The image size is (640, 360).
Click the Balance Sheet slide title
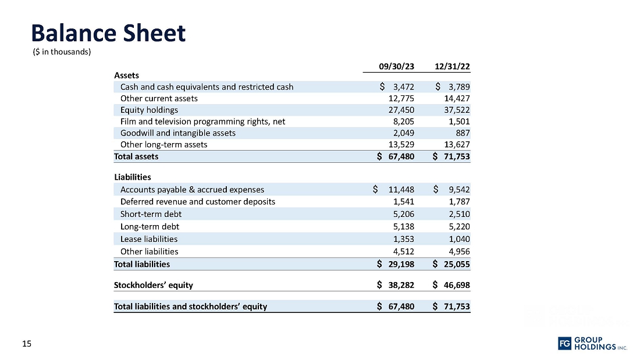(x=108, y=33)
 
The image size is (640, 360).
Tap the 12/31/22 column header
(x=452, y=66)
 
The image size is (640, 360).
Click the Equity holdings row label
(x=149, y=110)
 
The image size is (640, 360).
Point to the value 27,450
(x=401, y=110)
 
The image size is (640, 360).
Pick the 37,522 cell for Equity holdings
(x=457, y=110)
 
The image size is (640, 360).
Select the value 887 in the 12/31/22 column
(x=463, y=133)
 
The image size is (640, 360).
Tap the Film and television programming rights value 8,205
(x=403, y=122)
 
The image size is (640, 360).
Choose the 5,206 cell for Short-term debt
(x=403, y=214)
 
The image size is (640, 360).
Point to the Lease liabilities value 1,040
(x=459, y=239)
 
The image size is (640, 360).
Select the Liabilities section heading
(x=132, y=177)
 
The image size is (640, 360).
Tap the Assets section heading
(x=126, y=75)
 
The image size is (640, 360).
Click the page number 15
(x=26, y=344)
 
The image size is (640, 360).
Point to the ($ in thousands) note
(x=61, y=52)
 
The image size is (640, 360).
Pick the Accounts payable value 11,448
(x=401, y=190)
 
